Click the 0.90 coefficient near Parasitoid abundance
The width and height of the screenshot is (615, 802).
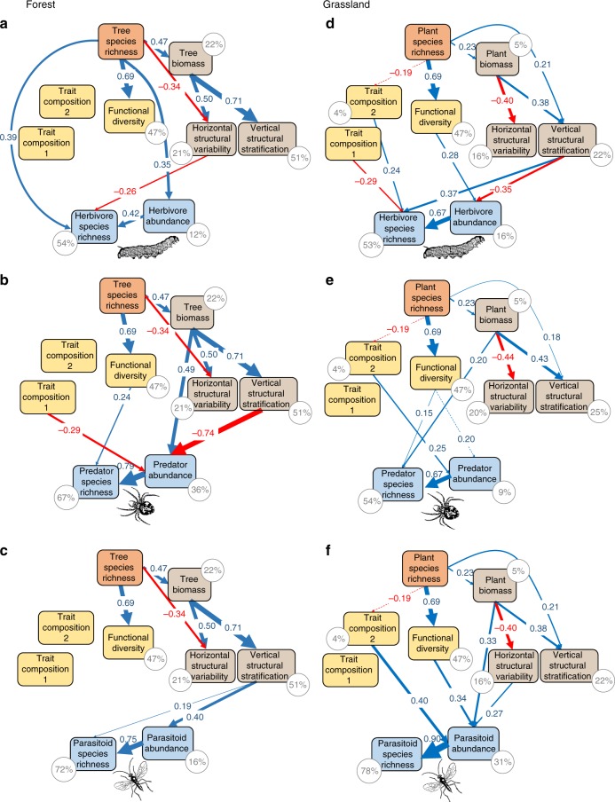coord(430,736)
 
